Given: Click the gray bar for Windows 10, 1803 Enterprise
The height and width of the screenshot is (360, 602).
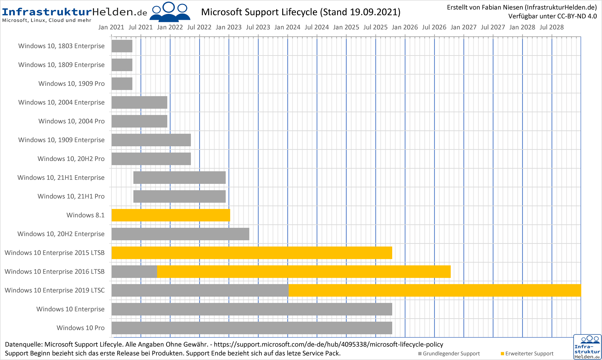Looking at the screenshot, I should click(x=122, y=46).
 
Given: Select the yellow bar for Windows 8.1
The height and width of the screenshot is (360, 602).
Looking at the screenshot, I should click(x=171, y=215).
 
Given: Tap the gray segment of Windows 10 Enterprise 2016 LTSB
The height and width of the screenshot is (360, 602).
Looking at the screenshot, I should click(x=134, y=272).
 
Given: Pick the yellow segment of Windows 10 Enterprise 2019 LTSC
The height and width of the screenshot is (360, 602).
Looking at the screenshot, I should click(x=435, y=290).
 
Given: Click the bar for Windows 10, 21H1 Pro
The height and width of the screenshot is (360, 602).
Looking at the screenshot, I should click(x=179, y=196).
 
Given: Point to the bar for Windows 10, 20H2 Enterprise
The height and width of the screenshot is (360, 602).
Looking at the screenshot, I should click(x=180, y=234).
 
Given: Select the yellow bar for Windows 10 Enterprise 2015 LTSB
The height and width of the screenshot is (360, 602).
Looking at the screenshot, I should click(x=252, y=253).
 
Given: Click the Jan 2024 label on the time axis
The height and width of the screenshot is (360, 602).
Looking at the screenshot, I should click(x=287, y=27).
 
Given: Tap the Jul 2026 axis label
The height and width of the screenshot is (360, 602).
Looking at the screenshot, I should click(x=434, y=27).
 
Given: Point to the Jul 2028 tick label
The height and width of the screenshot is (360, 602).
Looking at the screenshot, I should click(x=552, y=27).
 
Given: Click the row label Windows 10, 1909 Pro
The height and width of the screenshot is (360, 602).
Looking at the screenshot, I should click(x=71, y=84).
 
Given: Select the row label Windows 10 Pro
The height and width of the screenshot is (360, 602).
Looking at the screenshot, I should click(x=81, y=328).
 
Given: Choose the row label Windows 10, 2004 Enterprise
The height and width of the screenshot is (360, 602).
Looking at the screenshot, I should click(x=61, y=102).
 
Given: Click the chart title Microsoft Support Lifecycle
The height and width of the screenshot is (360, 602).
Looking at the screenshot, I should click(x=301, y=12).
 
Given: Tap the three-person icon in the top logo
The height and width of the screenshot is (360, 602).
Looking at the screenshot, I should click(x=170, y=12).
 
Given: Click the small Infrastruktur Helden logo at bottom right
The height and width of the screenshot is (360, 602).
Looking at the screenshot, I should click(x=587, y=347).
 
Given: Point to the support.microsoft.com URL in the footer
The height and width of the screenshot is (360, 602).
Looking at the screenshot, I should click(x=329, y=345).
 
